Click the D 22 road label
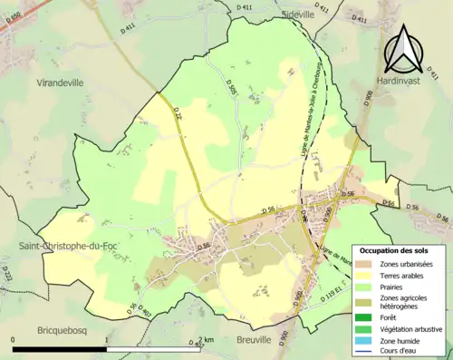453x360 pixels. point(178,112)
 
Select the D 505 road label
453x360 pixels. point(231,91)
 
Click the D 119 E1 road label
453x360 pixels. point(337,297)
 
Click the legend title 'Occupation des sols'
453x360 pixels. point(394,248)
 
